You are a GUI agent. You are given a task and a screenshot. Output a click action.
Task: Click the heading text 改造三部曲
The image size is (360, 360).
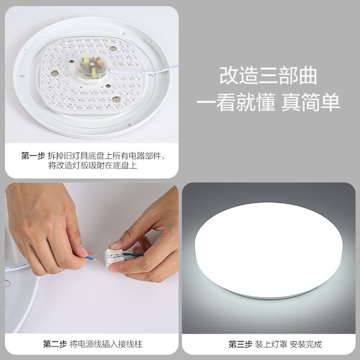[268, 75]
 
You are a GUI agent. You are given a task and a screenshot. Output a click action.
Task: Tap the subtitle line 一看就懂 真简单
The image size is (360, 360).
[268, 102]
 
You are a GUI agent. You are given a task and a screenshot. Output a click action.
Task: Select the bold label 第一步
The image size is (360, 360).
[33, 156]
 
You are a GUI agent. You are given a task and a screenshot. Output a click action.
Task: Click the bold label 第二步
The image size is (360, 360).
[55, 344]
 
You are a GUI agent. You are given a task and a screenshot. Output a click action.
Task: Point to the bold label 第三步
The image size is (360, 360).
[240, 344]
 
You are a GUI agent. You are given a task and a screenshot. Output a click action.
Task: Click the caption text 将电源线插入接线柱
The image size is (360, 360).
[106, 344]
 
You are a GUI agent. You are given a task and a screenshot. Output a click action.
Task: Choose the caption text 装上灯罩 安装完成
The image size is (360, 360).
[289, 344]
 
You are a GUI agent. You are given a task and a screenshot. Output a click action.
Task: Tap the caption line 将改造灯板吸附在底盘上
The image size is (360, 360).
[92, 165]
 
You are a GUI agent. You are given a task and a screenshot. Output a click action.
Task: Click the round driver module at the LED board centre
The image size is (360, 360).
[91, 68]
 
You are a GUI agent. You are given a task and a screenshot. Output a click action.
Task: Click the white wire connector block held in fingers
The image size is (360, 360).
[114, 258]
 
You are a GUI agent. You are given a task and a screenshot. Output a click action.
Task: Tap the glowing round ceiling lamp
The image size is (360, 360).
[268, 250]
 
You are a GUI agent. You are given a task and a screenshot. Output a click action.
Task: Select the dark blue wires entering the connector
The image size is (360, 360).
[133, 254]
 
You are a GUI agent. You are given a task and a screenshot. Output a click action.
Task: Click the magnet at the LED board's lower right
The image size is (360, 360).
[116, 99]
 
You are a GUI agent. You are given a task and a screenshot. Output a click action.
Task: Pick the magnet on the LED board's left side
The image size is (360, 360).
[55, 73]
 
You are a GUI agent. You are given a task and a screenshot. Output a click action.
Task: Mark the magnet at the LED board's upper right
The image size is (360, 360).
[112, 48]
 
